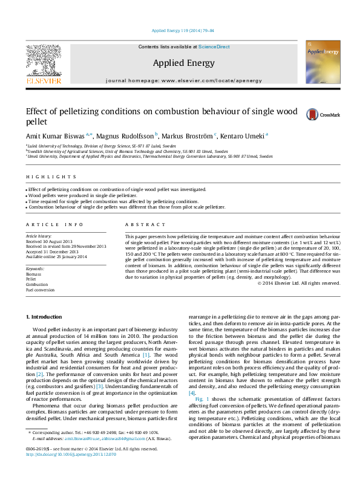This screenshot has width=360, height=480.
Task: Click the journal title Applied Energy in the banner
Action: (180, 62)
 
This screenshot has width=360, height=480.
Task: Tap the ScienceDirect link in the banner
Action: (214, 47)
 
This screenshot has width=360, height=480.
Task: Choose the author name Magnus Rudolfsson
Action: (125, 135)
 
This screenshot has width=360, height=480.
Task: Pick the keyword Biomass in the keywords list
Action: (34, 273)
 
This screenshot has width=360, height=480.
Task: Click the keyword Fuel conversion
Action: (40, 290)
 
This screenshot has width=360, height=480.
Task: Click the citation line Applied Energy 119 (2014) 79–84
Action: (180, 30)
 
